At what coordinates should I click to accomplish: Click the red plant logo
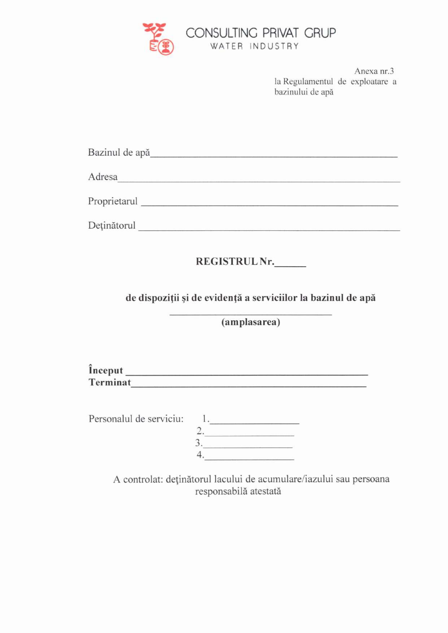[x=158, y=39]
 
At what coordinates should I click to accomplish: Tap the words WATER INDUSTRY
[x=255, y=46]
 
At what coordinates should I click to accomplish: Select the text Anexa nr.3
[x=374, y=71]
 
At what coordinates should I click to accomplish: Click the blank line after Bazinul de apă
[x=273, y=155]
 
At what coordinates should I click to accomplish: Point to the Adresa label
[x=103, y=177]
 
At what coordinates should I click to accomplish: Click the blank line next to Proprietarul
[x=269, y=204]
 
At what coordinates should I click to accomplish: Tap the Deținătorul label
[x=112, y=226]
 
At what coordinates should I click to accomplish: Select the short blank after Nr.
[x=290, y=265]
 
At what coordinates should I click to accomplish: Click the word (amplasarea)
[x=251, y=322]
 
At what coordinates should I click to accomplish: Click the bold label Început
[x=106, y=370]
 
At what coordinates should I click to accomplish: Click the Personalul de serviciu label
[x=136, y=419]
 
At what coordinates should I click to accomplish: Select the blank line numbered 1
[x=255, y=422]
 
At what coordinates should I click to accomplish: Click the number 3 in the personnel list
[x=198, y=443]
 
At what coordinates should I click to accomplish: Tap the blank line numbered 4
[x=249, y=458]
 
